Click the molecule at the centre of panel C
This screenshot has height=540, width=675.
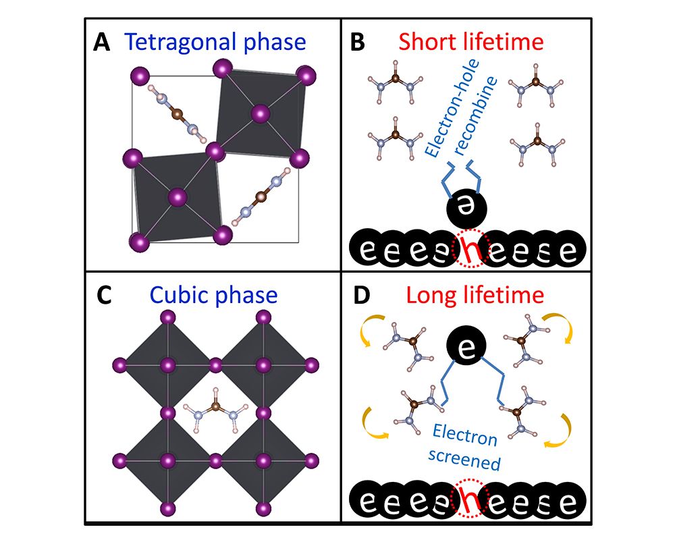(215, 410)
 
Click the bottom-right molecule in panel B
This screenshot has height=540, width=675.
(539, 143)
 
